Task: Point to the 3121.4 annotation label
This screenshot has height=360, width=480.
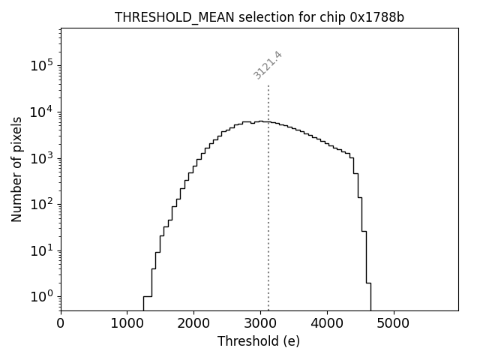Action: coord(268,65)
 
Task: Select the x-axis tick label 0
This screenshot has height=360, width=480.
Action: coord(61,322)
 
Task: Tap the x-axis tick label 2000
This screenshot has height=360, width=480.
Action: coord(193,322)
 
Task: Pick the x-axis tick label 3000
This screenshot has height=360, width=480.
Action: coord(260,322)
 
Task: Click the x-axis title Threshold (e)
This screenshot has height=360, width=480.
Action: coord(259,341)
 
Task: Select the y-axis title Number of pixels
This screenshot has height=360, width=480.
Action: coord(16,169)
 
